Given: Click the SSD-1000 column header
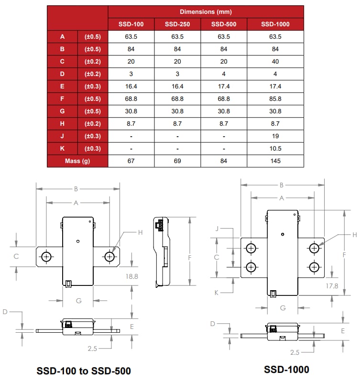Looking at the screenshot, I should pyautogui.click(x=275, y=24).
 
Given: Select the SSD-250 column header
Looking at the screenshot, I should pyautogui.click(x=177, y=24).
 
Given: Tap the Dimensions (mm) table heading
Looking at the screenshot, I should pyautogui.click(x=206, y=11).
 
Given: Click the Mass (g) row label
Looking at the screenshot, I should pyautogui.click(x=77, y=161).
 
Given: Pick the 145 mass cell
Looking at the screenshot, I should pyautogui.click(x=275, y=161).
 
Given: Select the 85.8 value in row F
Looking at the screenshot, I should pyautogui.click(x=275, y=99).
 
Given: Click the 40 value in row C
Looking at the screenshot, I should pyautogui.click(x=275, y=62).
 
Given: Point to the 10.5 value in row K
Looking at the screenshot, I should pyautogui.click(x=275, y=149).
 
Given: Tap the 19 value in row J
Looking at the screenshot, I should pyautogui.click(x=275, y=136).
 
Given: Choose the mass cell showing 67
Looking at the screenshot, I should pyautogui.click(x=131, y=161).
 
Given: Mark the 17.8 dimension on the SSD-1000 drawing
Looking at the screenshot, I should pyautogui.click(x=333, y=286).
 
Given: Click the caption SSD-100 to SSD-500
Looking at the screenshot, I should pyautogui.click(x=84, y=371).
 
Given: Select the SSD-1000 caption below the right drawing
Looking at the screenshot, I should pyautogui.click(x=286, y=369).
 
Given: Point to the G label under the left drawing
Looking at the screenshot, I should pyautogui.click(x=78, y=301).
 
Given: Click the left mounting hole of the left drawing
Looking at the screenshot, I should pyautogui.click(x=46, y=257).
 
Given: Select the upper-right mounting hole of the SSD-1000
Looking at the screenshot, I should pyautogui.click(x=314, y=248).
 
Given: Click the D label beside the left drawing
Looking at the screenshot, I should pyautogui.click(x=5, y=312).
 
